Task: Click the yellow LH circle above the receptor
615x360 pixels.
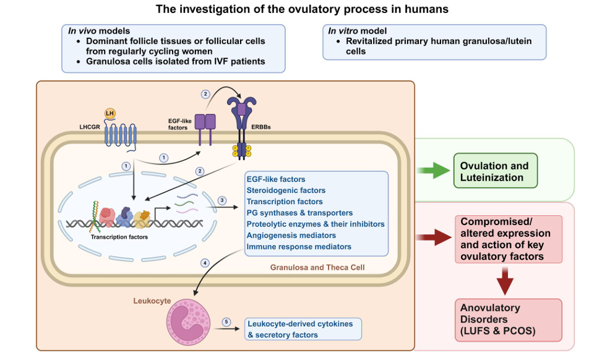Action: coord(110,113)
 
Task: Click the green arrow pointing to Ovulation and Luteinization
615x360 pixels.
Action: coord(434,171)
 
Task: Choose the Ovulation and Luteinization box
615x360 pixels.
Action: coord(495,171)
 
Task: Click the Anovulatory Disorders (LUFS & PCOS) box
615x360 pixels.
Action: coord(501,319)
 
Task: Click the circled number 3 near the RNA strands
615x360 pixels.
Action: coord(223,200)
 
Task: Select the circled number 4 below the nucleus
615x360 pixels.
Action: coord(205,263)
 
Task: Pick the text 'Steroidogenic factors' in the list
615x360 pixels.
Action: coord(286,191)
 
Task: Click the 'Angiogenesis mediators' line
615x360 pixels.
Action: coord(291,236)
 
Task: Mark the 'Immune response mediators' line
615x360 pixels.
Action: coord(299,247)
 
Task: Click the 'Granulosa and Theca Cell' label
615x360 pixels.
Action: coord(317,267)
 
